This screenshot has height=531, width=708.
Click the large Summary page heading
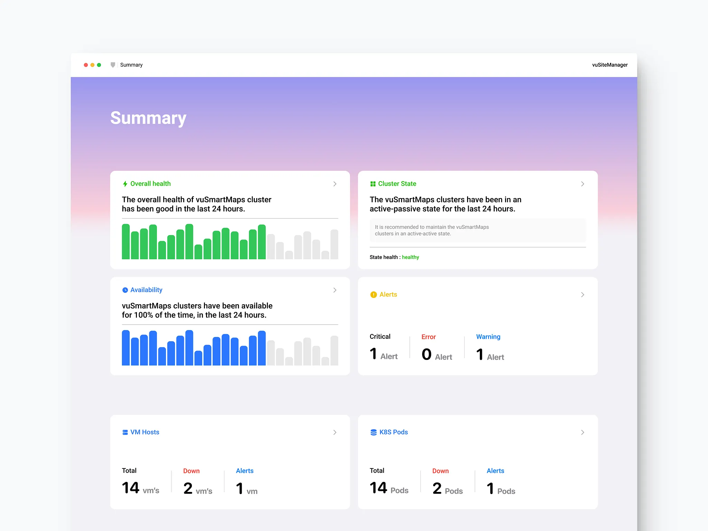(x=148, y=118)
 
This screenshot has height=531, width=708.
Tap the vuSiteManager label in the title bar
(x=609, y=65)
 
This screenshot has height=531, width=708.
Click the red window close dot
(x=86, y=65)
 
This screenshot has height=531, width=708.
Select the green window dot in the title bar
(x=99, y=65)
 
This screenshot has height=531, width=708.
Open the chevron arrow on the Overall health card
(x=335, y=184)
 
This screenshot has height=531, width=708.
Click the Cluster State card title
(x=397, y=184)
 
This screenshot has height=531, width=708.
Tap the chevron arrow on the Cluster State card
(x=583, y=184)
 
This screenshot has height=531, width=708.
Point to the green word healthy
(x=410, y=257)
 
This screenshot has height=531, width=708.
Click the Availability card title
(x=146, y=290)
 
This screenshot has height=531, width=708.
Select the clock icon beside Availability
(x=125, y=290)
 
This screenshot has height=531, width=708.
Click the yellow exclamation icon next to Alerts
(x=373, y=295)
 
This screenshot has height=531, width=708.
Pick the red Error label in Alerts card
(x=428, y=337)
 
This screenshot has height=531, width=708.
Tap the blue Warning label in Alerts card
(x=488, y=337)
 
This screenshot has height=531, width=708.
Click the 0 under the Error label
(x=427, y=354)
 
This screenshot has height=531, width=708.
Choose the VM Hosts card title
(x=145, y=432)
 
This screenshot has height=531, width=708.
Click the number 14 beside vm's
(x=130, y=488)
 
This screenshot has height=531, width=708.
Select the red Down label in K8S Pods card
(x=440, y=471)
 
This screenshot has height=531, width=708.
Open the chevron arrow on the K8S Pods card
(x=583, y=432)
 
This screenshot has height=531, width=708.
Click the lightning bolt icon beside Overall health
(x=125, y=184)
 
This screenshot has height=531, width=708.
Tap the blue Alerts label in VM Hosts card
(x=244, y=471)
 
